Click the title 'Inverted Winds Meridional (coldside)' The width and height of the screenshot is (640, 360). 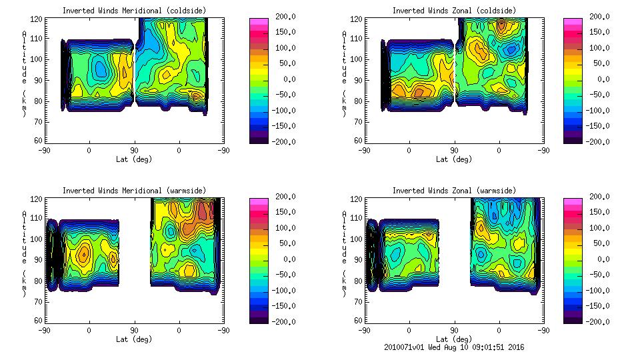pos(133,11)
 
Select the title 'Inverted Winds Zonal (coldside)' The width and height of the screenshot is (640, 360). pos(453,11)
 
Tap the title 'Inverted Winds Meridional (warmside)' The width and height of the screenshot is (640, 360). pos(133,191)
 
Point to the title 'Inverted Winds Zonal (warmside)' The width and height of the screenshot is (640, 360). pos(453,191)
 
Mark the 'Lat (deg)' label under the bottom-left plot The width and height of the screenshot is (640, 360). pos(134,339)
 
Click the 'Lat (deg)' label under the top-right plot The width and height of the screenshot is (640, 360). pos(454,159)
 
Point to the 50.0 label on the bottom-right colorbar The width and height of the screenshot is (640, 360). pos(599,243)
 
